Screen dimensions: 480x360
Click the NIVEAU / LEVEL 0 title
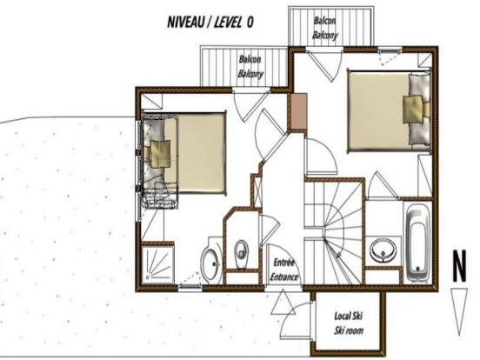click(210, 22)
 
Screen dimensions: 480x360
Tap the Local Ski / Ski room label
click(349, 323)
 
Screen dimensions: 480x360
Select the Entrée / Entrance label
click(283, 270)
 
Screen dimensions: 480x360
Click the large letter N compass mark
click(459, 266)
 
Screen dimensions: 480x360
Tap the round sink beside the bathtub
click(383, 250)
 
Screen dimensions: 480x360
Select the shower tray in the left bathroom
click(158, 264)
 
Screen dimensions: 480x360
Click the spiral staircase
click(334, 233)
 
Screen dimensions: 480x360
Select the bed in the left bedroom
click(183, 152)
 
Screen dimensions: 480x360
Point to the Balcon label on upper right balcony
click(324, 21)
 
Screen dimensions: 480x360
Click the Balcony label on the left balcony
click(250, 74)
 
